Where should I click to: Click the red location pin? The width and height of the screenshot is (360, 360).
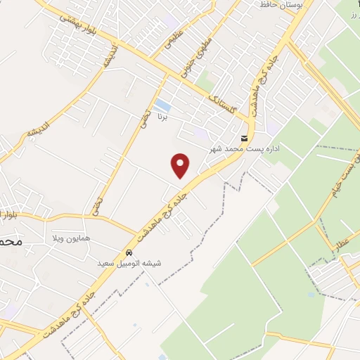181,165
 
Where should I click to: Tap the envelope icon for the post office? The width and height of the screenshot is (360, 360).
243,138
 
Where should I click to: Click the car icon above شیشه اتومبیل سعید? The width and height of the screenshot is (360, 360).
129,252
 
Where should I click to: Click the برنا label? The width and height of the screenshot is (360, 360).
162,115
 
